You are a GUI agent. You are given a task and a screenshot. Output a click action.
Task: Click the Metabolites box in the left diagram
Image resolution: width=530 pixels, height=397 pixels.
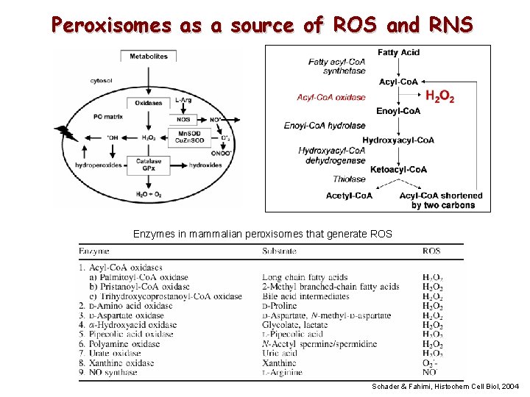149,57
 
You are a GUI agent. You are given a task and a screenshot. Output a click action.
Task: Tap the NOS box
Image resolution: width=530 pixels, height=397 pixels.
183,119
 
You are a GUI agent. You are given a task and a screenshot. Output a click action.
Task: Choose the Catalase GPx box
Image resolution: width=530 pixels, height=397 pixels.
149,165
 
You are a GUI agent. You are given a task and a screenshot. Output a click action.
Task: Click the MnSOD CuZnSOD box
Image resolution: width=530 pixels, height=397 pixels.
183,137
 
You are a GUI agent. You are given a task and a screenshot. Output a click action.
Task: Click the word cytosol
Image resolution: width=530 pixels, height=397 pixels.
102,80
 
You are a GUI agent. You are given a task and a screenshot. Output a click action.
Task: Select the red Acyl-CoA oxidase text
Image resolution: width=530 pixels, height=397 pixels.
331,97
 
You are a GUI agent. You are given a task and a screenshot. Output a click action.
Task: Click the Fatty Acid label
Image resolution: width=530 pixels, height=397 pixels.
398,52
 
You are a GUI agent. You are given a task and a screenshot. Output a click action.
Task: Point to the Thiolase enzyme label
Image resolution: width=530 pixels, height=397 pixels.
349,179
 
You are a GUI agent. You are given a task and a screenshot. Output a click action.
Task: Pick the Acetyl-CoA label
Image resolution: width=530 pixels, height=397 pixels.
349,196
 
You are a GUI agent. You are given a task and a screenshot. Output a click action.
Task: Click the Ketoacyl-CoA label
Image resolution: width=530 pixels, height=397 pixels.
398,170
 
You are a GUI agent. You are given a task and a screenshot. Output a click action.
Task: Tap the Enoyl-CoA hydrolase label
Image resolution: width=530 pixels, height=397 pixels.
325,126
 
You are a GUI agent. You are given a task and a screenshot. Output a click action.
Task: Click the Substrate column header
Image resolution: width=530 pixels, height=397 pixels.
280,251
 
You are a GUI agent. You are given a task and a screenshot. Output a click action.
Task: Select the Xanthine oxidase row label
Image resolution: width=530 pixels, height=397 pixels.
120,362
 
